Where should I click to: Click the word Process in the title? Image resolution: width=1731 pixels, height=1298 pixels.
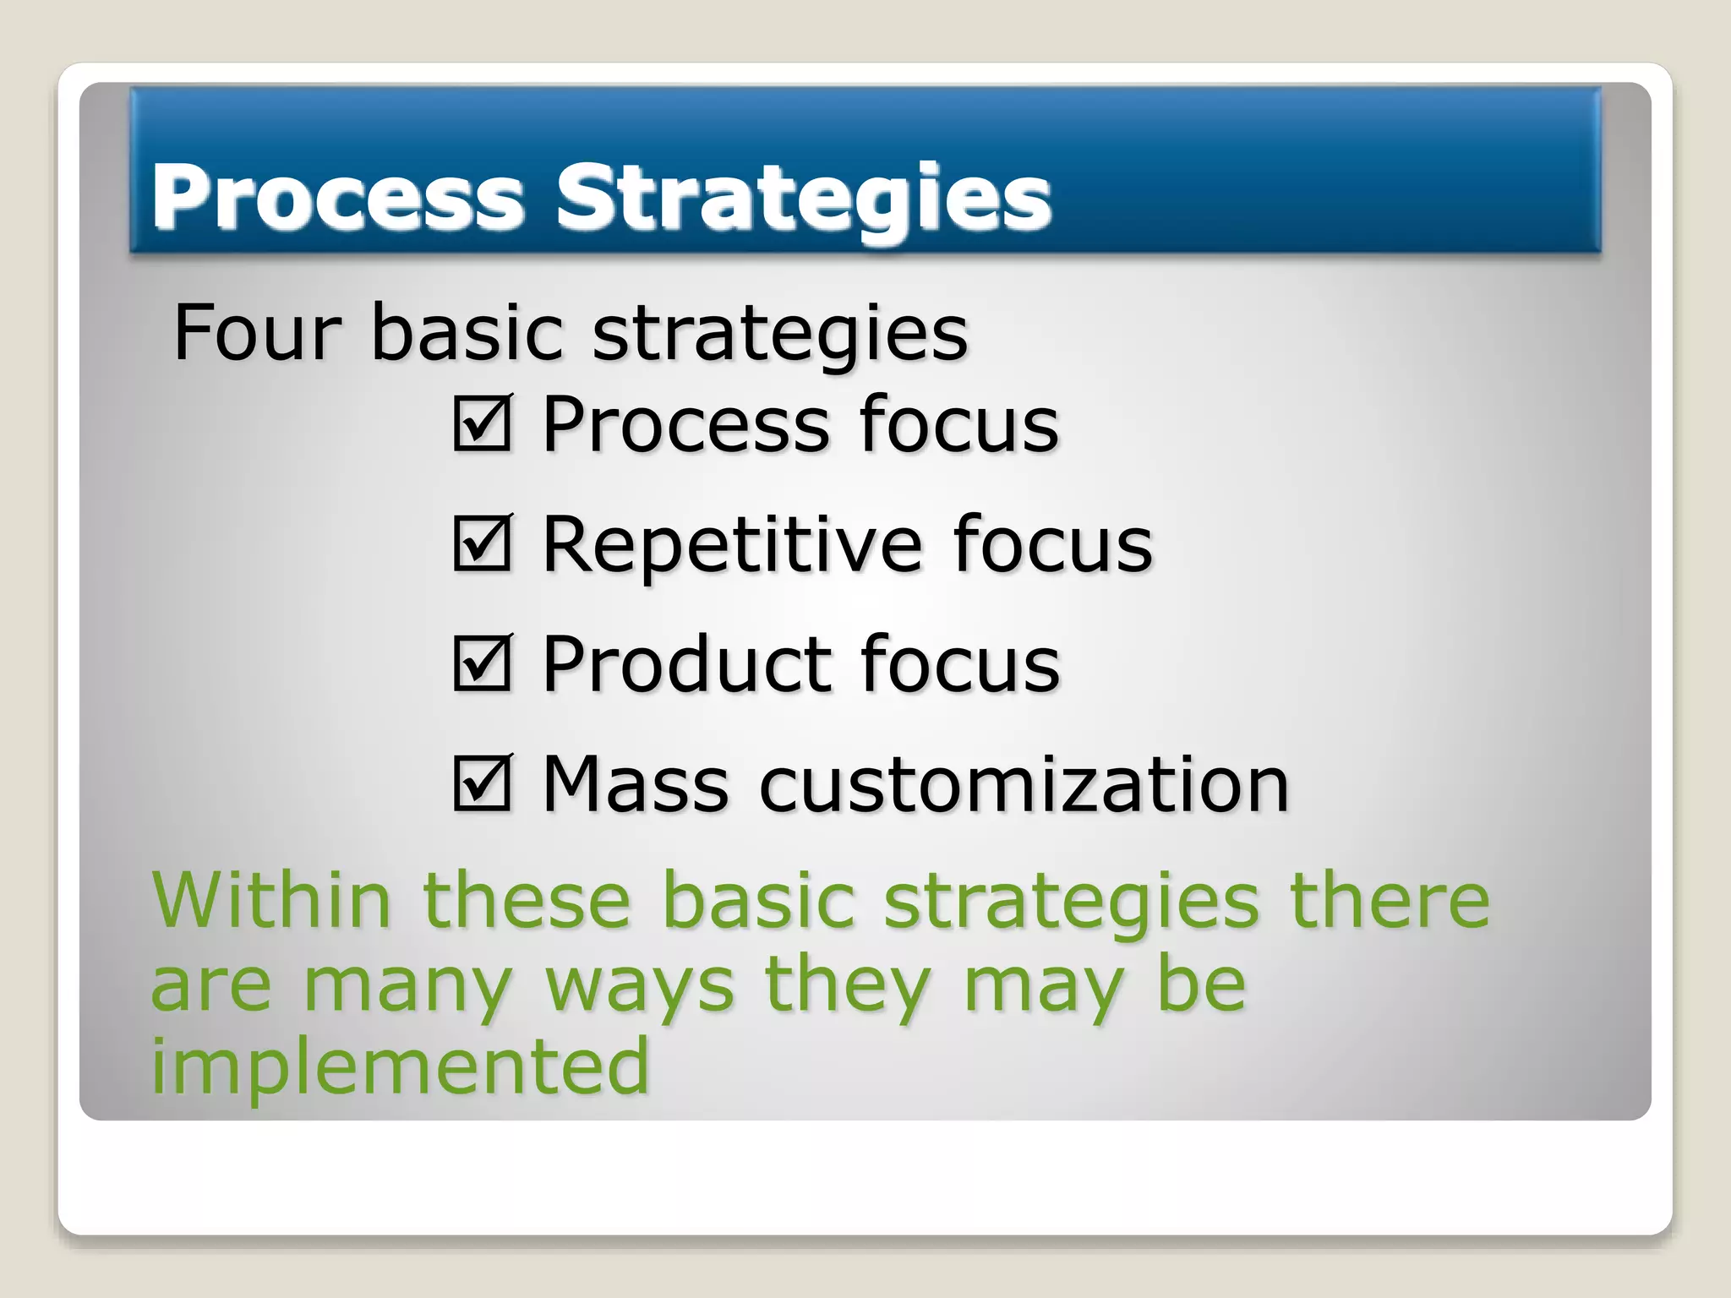[337, 197]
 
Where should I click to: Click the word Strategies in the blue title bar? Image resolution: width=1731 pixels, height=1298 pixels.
[803, 197]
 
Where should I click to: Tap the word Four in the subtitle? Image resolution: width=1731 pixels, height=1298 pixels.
[257, 333]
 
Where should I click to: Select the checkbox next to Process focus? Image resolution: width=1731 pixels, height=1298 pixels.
[482, 423]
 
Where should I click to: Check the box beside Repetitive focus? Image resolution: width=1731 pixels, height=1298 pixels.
[482, 543]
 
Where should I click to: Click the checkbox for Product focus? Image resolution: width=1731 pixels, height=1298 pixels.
[482, 663]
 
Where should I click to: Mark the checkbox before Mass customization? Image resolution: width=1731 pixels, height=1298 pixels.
[482, 783]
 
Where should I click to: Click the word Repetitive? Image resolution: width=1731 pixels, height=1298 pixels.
[732, 545]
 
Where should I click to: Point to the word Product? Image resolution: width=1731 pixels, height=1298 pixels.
[685, 665]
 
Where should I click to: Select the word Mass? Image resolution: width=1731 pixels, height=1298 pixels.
[635, 785]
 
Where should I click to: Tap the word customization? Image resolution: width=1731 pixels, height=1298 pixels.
[1024, 785]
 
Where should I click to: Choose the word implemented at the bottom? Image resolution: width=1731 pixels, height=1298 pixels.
[400, 1066]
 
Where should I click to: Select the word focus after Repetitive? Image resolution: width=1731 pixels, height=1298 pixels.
[1052, 545]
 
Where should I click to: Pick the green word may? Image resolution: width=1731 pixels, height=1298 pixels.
[1044, 987]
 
